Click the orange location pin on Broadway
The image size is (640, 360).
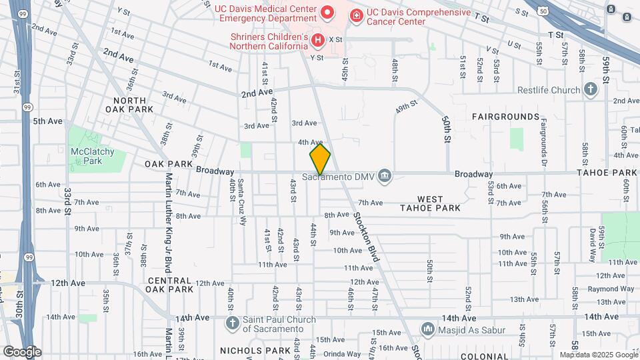click(320, 159)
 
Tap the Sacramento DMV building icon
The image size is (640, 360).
click(384, 176)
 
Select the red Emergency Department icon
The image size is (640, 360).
click(327, 13)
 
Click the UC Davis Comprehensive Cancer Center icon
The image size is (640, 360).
click(356, 15)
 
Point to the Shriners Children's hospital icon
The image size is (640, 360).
click(318, 40)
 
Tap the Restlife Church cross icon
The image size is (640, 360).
click(591, 89)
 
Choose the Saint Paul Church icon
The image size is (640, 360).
click(232, 323)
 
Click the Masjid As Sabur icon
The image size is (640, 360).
click(427, 329)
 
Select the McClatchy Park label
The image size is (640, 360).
click(93, 156)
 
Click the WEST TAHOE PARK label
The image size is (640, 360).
click(439, 203)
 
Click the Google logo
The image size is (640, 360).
click(22, 352)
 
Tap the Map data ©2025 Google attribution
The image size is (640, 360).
click(599, 355)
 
